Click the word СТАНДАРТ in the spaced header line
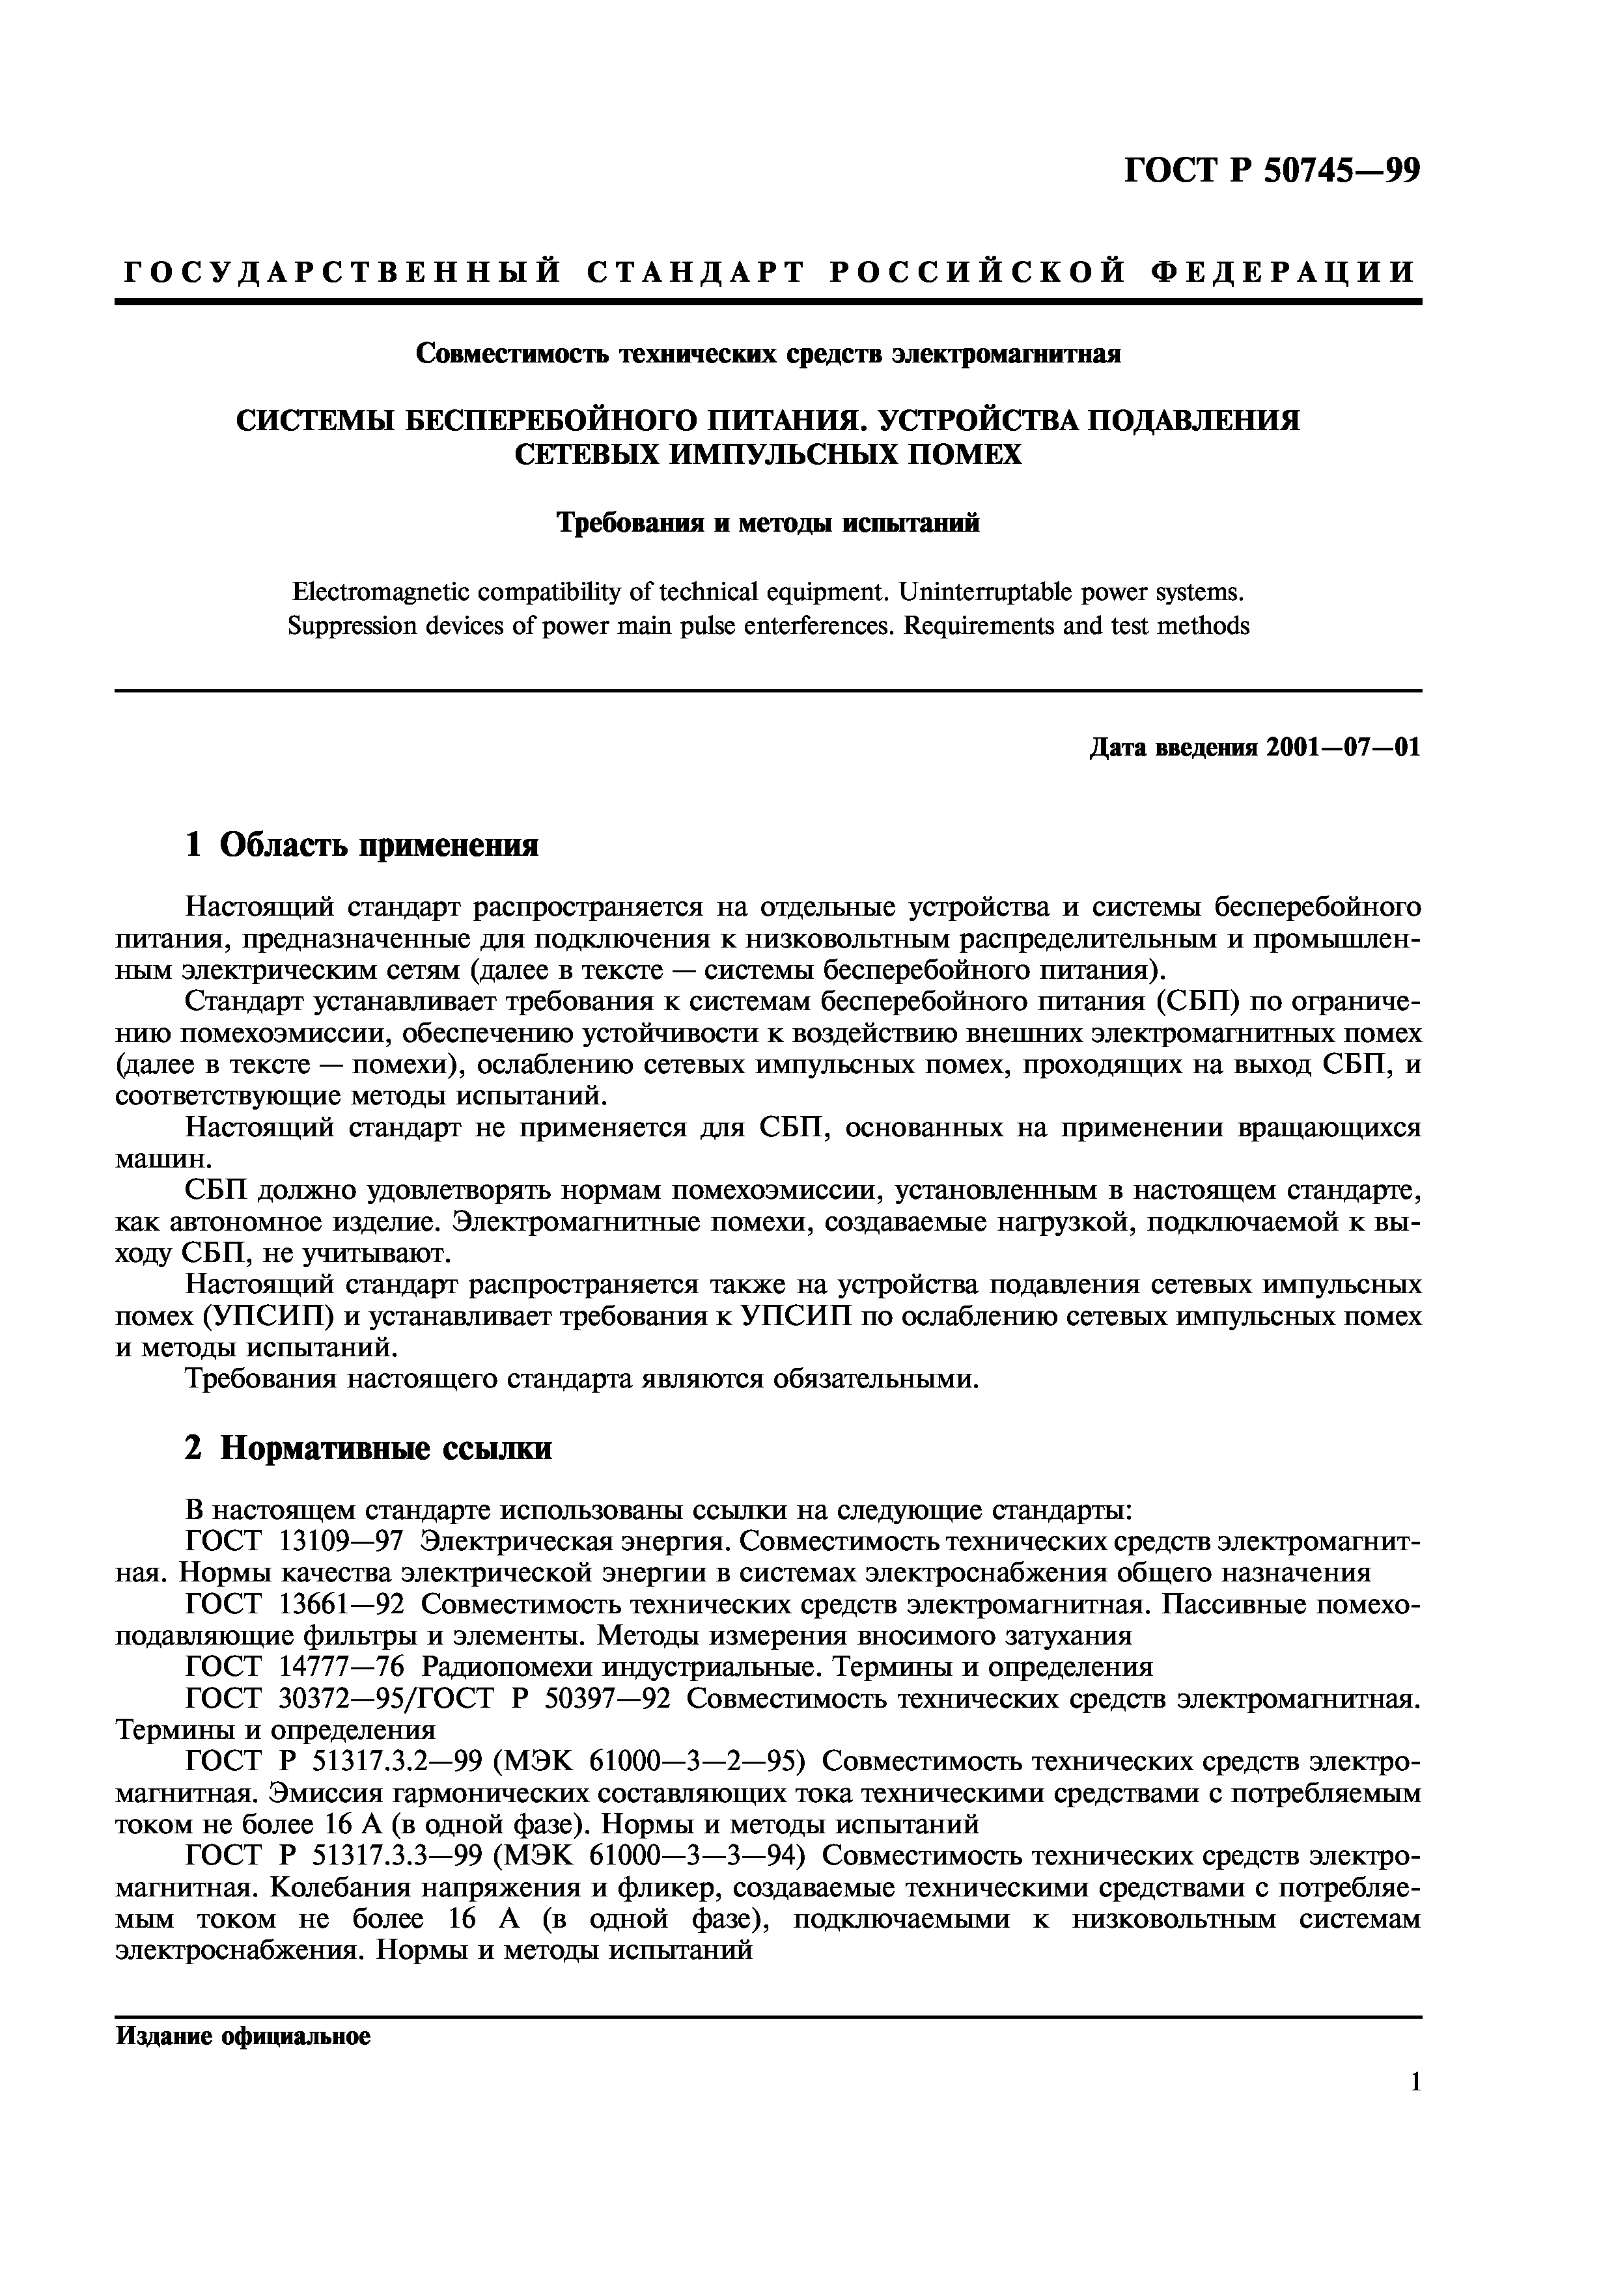point(693,271)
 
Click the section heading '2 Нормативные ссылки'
point(368,1449)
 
